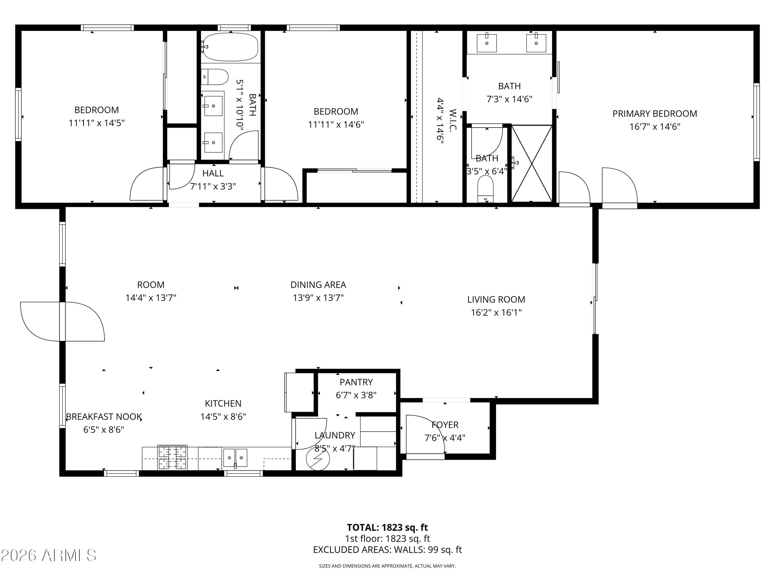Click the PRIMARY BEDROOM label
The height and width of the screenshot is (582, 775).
tap(654, 114)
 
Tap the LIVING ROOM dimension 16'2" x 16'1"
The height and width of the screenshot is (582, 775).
tap(496, 312)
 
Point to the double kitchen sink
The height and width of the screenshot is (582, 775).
tap(235, 458)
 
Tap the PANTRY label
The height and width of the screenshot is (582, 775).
tap(356, 382)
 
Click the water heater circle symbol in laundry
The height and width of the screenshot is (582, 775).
tap(318, 459)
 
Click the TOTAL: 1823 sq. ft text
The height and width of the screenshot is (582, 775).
tap(387, 527)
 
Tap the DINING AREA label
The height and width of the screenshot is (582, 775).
tap(318, 285)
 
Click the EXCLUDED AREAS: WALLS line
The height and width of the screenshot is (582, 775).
tap(387, 550)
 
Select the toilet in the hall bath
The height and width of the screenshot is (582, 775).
tap(214, 77)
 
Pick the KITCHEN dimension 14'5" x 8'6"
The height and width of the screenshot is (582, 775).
tap(223, 417)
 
